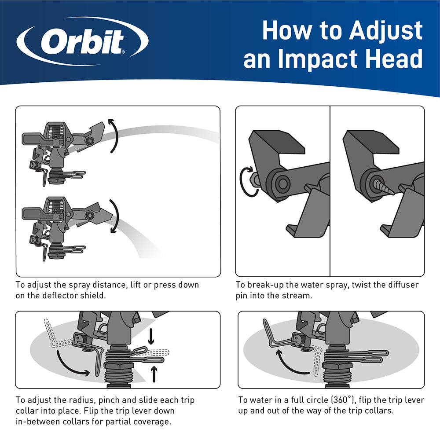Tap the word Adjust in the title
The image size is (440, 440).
click(x=386, y=31)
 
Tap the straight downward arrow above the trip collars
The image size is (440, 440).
click(x=151, y=336)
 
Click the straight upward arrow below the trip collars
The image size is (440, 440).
click(x=154, y=374)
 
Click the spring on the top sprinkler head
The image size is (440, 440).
click(x=57, y=131)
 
